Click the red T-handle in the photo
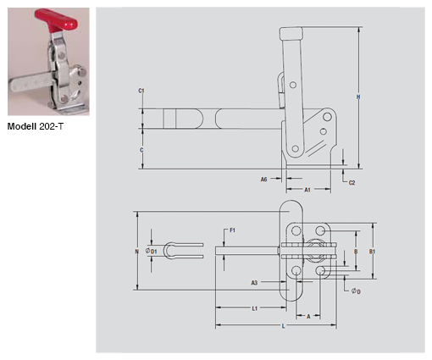[x=56, y=20]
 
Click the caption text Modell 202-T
[x=36, y=126]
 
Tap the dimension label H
[x=358, y=97]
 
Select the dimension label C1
[x=141, y=91]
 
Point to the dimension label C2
[x=352, y=183]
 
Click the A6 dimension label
[x=263, y=180]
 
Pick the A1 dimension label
[x=307, y=190]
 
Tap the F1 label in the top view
[x=232, y=230]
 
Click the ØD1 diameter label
[x=151, y=251]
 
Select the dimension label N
[x=137, y=252]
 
